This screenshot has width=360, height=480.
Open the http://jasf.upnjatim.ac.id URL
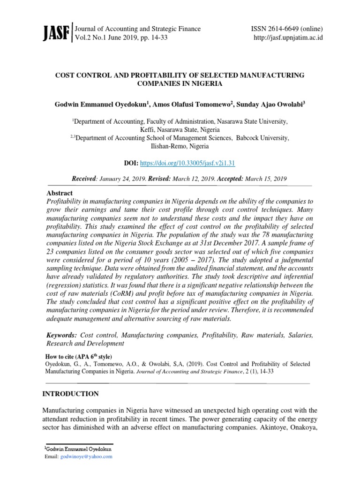(288, 38)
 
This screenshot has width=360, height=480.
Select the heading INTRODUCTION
(71, 394)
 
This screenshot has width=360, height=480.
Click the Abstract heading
(60, 193)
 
